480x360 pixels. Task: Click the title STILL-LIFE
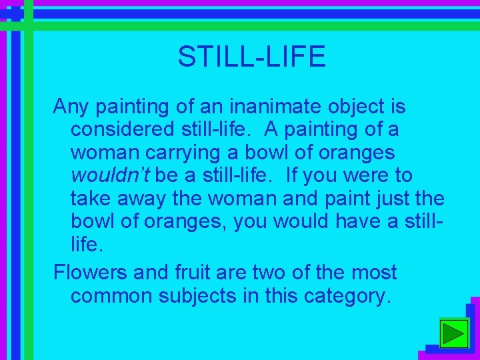(251, 57)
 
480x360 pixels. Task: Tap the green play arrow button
(455, 333)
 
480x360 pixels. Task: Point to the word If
(291, 176)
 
